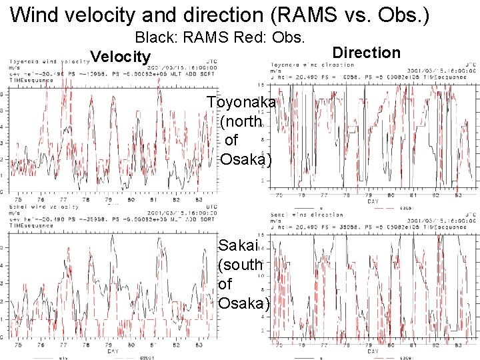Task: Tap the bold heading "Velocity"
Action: tap(121, 57)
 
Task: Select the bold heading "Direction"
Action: tap(366, 53)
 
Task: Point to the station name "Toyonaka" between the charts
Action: tap(241, 103)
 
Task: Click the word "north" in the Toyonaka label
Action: tap(241, 122)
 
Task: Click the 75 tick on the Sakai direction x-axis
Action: tap(279, 345)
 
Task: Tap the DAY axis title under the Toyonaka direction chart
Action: tap(372, 201)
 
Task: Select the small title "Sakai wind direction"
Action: tap(305, 215)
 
